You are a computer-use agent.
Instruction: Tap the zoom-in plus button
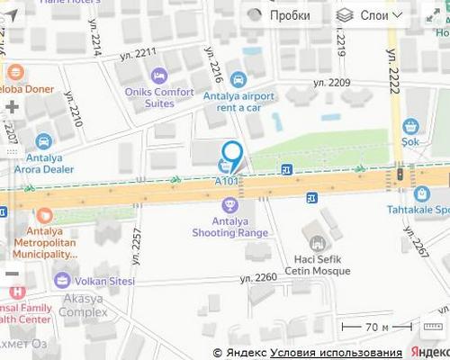(12, 107)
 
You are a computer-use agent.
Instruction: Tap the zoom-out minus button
(12, 273)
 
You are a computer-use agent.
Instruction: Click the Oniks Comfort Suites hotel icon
(159, 75)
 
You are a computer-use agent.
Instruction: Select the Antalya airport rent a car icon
(238, 78)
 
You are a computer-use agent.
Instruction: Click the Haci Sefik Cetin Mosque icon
(316, 242)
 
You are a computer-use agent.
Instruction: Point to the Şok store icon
(411, 126)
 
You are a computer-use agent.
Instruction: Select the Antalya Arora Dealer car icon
(44, 141)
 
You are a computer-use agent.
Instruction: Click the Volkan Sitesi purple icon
(62, 280)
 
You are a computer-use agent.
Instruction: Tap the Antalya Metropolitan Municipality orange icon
(45, 216)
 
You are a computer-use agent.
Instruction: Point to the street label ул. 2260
(258, 277)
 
